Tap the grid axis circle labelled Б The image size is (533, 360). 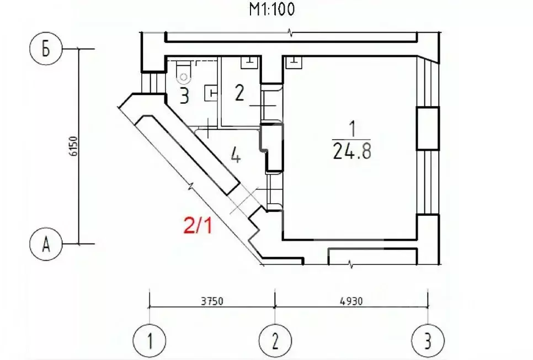pyautogui.click(x=46, y=49)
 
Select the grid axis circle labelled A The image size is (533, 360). pyautogui.click(x=46, y=244)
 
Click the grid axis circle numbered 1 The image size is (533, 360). pyautogui.click(x=150, y=340)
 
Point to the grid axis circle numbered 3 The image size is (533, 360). pyautogui.click(x=428, y=340)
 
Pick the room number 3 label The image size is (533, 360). pyautogui.click(x=184, y=96)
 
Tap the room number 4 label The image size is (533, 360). pyautogui.click(x=236, y=157)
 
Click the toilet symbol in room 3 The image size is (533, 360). pyautogui.click(x=183, y=73)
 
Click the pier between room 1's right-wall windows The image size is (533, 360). pyautogui.click(x=428, y=129)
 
